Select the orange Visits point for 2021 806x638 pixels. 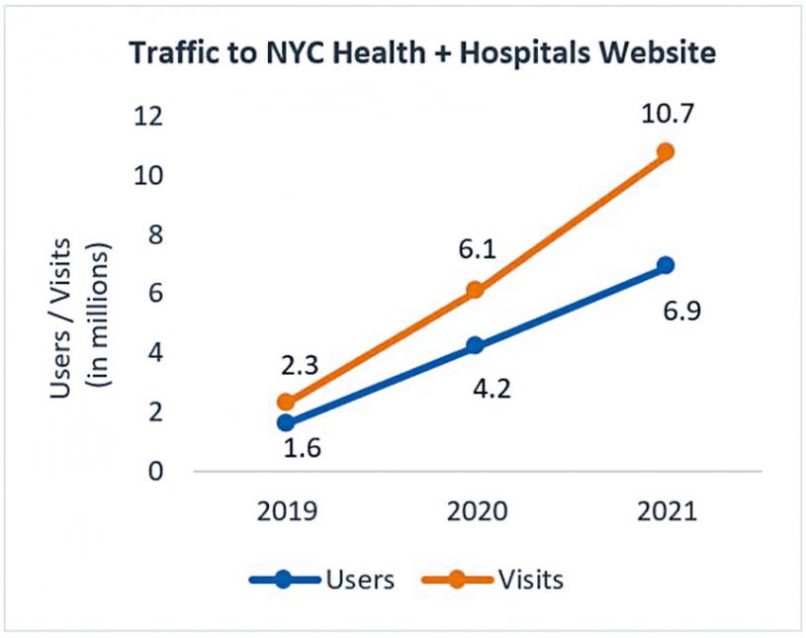point(666,151)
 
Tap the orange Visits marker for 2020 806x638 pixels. point(476,290)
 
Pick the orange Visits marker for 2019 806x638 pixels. point(286,402)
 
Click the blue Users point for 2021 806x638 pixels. point(666,265)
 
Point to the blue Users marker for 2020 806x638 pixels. point(476,345)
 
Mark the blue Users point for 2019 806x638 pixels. point(286,422)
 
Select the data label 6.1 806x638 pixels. point(476,252)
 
